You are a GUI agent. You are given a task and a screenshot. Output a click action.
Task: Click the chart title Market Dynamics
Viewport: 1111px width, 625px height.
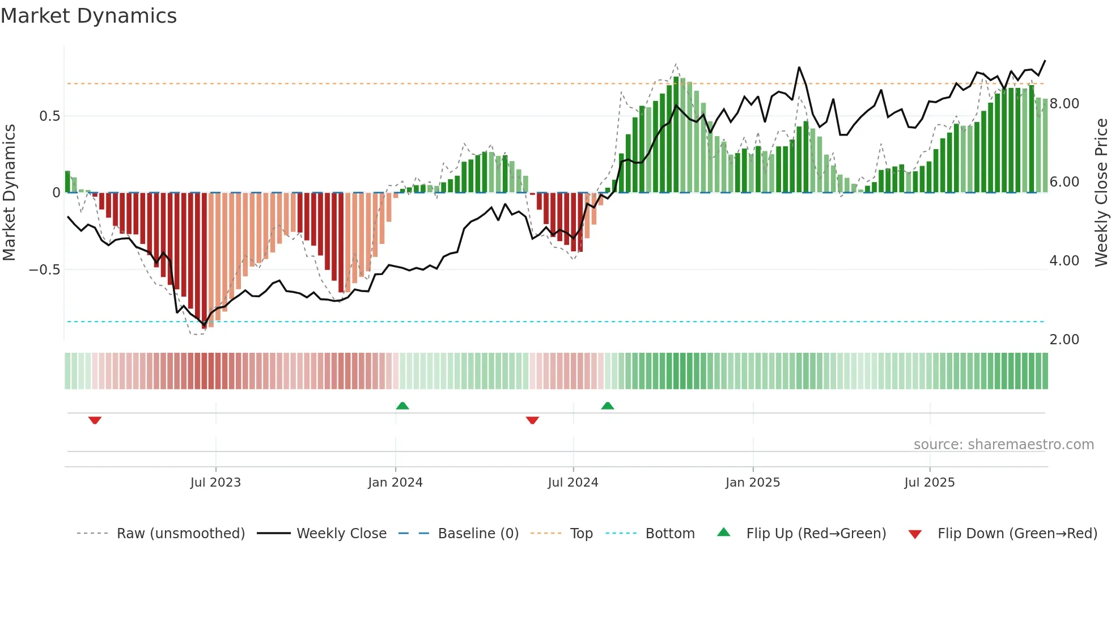(88, 16)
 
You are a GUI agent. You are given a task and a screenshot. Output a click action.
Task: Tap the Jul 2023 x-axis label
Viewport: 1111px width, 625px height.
(215, 483)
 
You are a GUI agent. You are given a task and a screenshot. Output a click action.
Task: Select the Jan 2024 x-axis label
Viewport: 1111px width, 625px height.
(395, 483)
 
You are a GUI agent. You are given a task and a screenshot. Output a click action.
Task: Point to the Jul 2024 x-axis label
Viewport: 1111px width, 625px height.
(573, 483)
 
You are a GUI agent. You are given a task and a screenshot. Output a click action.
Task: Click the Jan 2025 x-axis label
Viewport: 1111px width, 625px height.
(753, 483)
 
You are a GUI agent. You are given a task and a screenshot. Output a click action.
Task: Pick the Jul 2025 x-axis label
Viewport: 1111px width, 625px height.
(929, 483)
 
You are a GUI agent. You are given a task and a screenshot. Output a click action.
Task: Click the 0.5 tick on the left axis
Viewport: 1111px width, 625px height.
(49, 116)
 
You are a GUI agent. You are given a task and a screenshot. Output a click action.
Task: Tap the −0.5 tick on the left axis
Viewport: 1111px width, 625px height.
(44, 270)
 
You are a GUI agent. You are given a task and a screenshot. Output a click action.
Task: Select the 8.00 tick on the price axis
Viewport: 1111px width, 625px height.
(1064, 104)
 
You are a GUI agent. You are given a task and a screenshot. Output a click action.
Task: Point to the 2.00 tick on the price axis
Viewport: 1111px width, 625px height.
(1064, 340)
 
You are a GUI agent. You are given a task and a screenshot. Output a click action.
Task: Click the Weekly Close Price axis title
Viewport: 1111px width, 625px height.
(1101, 193)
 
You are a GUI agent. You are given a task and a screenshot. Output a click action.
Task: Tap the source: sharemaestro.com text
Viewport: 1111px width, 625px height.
(1003, 445)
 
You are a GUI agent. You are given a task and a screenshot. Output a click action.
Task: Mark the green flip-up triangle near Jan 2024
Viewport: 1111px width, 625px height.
(402, 406)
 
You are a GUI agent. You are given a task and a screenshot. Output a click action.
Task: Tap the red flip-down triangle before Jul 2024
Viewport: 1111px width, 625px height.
(532, 420)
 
